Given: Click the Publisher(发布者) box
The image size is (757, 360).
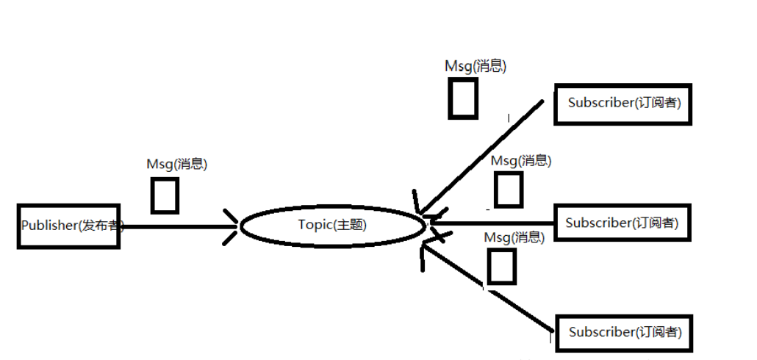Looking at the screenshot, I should tap(68, 226).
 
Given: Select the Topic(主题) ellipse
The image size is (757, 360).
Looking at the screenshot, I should tap(332, 226).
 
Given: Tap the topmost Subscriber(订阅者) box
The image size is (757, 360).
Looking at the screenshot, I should tap(624, 104).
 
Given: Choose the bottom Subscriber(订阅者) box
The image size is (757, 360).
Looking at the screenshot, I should tap(624, 333).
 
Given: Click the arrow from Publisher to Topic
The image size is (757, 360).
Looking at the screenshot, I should tap(176, 226).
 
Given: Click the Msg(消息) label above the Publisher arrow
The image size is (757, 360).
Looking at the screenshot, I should tap(176, 165).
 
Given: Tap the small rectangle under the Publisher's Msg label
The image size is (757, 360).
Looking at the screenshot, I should tap(165, 195).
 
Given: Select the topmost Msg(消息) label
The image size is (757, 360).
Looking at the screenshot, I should tap(476, 66).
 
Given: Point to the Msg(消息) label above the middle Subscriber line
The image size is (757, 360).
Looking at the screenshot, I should tap(521, 160).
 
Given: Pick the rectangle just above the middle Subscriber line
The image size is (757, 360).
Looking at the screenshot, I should tap(508, 190).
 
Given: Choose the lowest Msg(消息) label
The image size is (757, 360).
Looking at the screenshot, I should tap(514, 237).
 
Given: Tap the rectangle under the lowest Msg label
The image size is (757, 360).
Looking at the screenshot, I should tap(501, 266).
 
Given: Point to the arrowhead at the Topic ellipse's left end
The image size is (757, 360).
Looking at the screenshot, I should tap(233, 226).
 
